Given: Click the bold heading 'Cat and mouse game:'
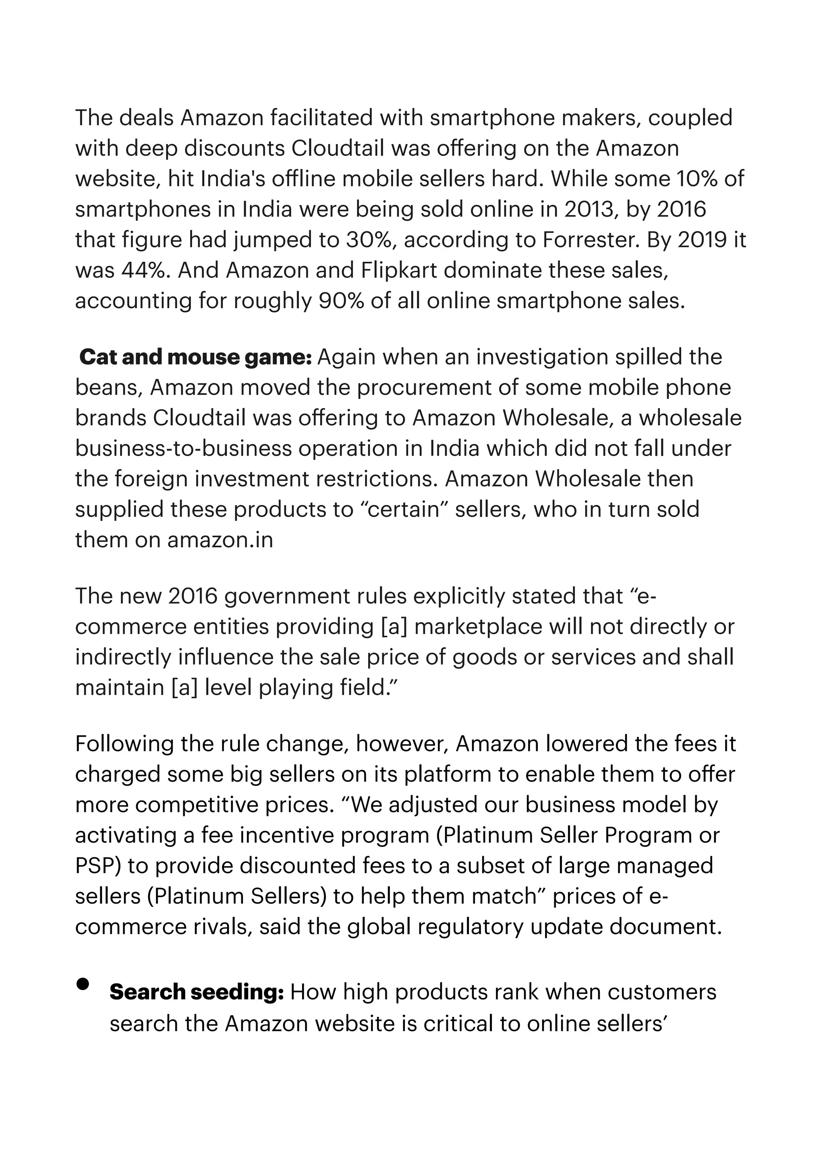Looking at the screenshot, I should click(196, 357).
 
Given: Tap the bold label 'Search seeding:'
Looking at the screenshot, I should click(197, 992).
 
